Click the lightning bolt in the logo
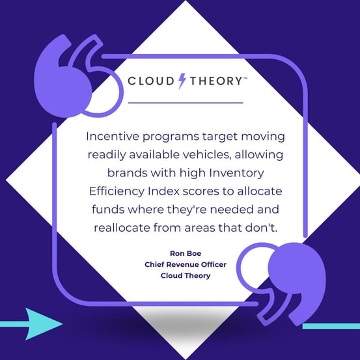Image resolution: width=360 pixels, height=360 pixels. (182, 81)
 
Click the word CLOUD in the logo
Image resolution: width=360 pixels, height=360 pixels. (151, 81)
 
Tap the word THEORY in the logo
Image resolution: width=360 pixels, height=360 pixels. (216, 81)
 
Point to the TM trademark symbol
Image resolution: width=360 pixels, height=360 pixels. (245, 78)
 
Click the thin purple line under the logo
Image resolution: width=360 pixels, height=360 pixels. (186, 103)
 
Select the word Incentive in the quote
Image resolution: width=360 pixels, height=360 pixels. (113, 136)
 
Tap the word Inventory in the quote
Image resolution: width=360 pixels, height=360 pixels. (236, 173)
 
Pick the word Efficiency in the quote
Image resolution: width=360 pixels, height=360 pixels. (117, 191)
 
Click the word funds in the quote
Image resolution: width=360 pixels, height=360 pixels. (107, 210)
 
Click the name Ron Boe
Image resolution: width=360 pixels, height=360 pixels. (186, 253)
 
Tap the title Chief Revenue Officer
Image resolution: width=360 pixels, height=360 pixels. (186, 264)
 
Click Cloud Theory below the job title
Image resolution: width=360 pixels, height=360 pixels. (186, 275)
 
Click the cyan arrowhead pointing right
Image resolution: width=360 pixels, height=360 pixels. (42, 324)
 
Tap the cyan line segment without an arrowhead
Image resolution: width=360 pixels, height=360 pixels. (331, 326)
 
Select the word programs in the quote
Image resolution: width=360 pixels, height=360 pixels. (171, 137)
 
